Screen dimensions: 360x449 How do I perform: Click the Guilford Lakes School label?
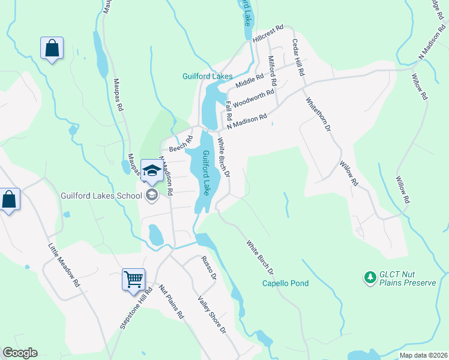coord(100,194)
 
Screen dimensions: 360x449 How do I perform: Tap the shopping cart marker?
coord(133,278)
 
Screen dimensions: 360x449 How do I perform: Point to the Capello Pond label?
coord(286,283)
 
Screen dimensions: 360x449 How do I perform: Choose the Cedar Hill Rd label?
coord(298,58)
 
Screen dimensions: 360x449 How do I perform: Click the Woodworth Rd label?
coord(253,97)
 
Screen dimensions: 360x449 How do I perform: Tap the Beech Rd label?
coord(181,143)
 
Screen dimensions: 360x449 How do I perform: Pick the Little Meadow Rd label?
coord(64,265)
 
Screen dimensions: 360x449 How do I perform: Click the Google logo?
coord(20,353)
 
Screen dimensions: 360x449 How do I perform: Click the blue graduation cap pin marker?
coord(152,170)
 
